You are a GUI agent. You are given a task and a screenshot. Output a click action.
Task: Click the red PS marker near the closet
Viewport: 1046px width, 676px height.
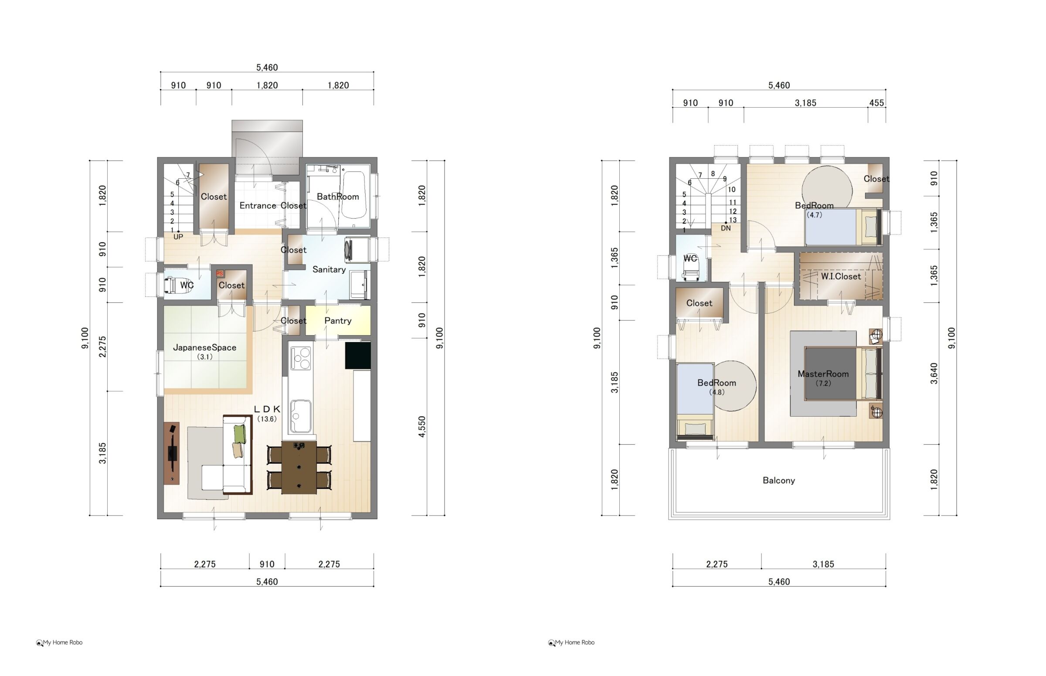point(220,273)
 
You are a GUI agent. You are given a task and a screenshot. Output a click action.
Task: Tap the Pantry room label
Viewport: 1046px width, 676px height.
point(337,320)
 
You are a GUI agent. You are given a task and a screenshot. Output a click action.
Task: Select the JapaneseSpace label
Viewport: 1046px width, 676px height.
point(204,347)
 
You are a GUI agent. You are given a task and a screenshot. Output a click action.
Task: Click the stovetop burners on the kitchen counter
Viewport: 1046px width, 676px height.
point(301,358)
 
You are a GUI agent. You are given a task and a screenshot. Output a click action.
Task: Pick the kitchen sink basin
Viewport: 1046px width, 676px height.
point(300,415)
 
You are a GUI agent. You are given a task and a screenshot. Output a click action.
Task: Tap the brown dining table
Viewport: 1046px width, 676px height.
point(299,468)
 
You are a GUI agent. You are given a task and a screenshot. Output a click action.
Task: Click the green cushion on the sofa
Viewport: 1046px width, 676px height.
point(239,434)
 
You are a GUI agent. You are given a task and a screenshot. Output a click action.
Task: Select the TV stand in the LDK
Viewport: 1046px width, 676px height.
point(172,453)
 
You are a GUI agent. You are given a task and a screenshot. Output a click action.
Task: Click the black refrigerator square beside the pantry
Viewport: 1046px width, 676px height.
point(358,355)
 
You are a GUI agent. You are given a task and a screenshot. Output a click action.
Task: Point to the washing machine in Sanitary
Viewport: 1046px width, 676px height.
point(353,250)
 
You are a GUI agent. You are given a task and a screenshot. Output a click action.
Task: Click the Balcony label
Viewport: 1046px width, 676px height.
point(779,480)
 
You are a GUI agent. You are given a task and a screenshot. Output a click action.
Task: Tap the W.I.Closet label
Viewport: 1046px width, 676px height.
point(841,276)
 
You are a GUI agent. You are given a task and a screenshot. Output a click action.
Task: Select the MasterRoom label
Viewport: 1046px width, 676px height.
point(823,374)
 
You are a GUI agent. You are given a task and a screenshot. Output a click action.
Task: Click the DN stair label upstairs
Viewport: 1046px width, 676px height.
point(726,228)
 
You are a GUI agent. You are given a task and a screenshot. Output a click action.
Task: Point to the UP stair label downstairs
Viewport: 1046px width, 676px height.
point(178,237)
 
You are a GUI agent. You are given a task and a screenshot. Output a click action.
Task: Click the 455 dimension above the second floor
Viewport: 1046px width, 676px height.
point(876,103)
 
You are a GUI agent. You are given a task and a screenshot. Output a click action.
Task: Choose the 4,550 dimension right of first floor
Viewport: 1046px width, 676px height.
point(422,427)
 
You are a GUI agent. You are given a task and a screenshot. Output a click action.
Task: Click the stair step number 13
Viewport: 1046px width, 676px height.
point(733,220)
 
